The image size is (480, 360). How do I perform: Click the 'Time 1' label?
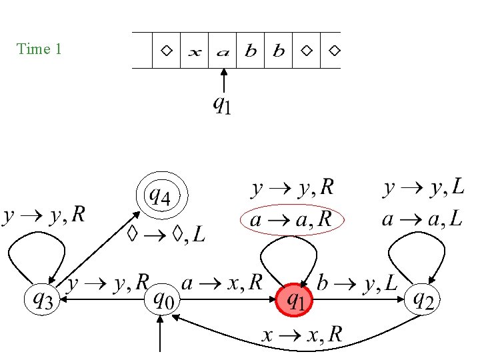(39, 49)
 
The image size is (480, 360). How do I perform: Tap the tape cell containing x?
(194, 51)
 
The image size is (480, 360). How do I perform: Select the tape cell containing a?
(223, 51)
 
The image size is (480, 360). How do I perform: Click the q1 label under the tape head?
(222, 104)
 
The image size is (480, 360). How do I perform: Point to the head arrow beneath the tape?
(224, 80)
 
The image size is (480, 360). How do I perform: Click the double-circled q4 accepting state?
(162, 197)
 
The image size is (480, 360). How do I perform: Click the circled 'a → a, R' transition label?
(291, 219)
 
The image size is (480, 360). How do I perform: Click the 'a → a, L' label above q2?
(423, 219)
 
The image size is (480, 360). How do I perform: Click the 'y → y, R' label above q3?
(44, 215)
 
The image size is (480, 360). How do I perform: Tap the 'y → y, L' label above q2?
(423, 189)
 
